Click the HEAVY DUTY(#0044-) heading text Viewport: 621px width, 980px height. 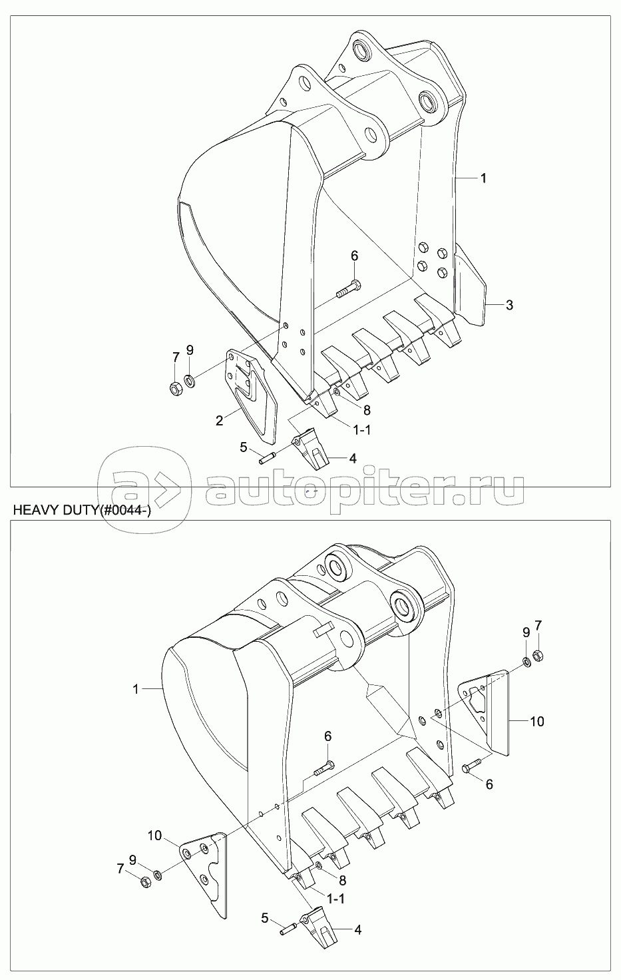[x=82, y=511]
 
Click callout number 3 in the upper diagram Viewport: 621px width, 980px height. [x=509, y=305]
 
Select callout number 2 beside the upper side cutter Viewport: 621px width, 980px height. [x=219, y=421]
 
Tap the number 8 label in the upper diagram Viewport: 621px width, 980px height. [x=367, y=410]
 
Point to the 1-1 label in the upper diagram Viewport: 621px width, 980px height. [x=361, y=430]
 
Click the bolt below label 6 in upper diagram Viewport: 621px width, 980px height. [x=349, y=289]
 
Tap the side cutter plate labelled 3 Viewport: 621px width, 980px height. [x=470, y=285]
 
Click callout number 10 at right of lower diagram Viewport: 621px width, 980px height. [x=537, y=721]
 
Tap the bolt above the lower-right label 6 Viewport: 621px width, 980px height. [x=472, y=766]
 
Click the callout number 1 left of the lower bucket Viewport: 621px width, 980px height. [x=136, y=690]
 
